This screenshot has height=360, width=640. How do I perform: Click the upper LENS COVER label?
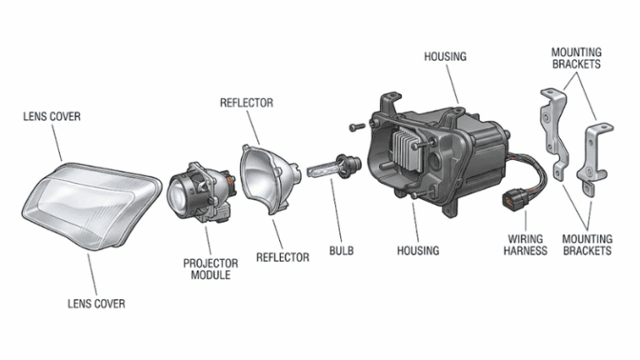52,117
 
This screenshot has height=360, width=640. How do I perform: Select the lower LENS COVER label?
96,304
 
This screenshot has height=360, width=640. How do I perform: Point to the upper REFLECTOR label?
246,103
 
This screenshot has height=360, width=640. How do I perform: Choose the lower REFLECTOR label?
282,257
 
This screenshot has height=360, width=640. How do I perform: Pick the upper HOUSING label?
445,57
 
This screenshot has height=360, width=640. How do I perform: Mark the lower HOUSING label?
417,250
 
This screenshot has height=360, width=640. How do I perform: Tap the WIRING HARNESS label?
526,244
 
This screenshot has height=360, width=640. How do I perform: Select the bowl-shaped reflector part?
264,179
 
